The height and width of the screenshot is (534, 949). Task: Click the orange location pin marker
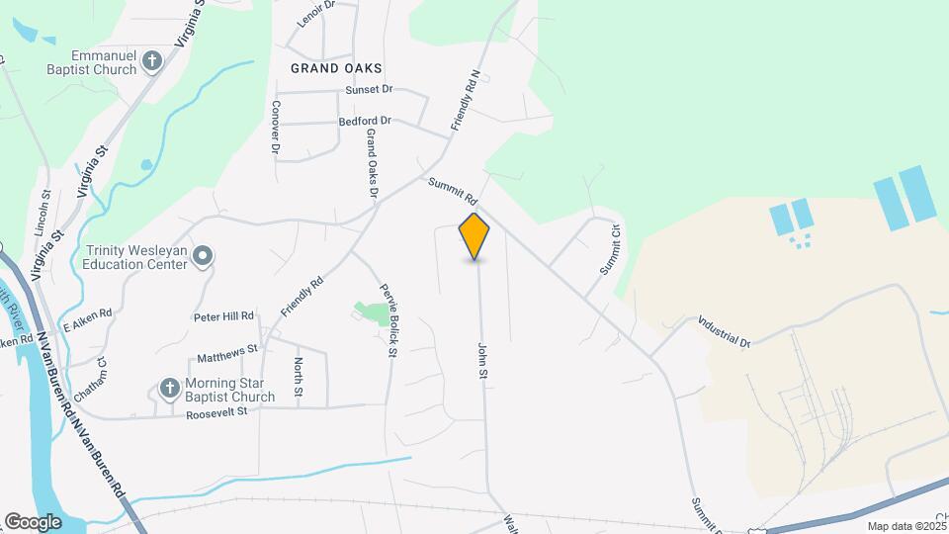[474, 235]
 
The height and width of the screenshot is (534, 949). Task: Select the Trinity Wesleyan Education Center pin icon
[203, 257]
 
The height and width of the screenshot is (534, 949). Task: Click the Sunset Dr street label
[369, 90]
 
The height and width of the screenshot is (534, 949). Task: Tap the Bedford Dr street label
[365, 121]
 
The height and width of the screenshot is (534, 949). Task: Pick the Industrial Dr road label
[725, 331]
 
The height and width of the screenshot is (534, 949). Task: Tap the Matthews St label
[226, 349]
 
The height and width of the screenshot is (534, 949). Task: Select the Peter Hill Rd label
[224, 316]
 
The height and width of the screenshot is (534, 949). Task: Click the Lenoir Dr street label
[317, 13]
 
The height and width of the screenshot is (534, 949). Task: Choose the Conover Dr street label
[276, 127]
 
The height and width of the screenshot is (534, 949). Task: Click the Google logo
[32, 521]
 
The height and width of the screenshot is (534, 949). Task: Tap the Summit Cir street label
[608, 251]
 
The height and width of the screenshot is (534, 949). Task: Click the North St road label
[298, 377]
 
